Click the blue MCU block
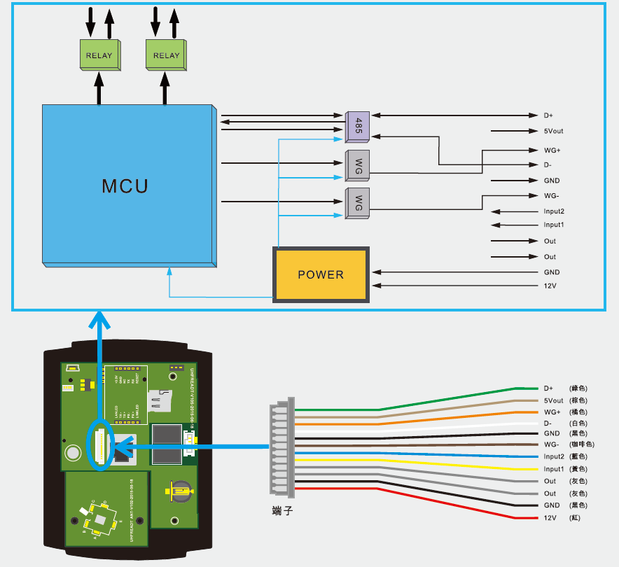[x=126, y=185]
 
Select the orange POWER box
[x=321, y=274]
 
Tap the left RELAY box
[x=99, y=55]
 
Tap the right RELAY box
[x=166, y=55]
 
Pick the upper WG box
[x=358, y=165]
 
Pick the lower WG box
[x=358, y=203]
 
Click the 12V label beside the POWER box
[x=550, y=286]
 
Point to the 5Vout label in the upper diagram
[x=553, y=131]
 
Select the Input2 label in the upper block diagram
[x=554, y=211]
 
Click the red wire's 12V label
[x=550, y=518]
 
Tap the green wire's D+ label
[x=548, y=388]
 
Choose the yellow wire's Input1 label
[x=554, y=469]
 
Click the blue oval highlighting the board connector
[x=100, y=445]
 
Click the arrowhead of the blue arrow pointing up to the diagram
[x=101, y=321]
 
